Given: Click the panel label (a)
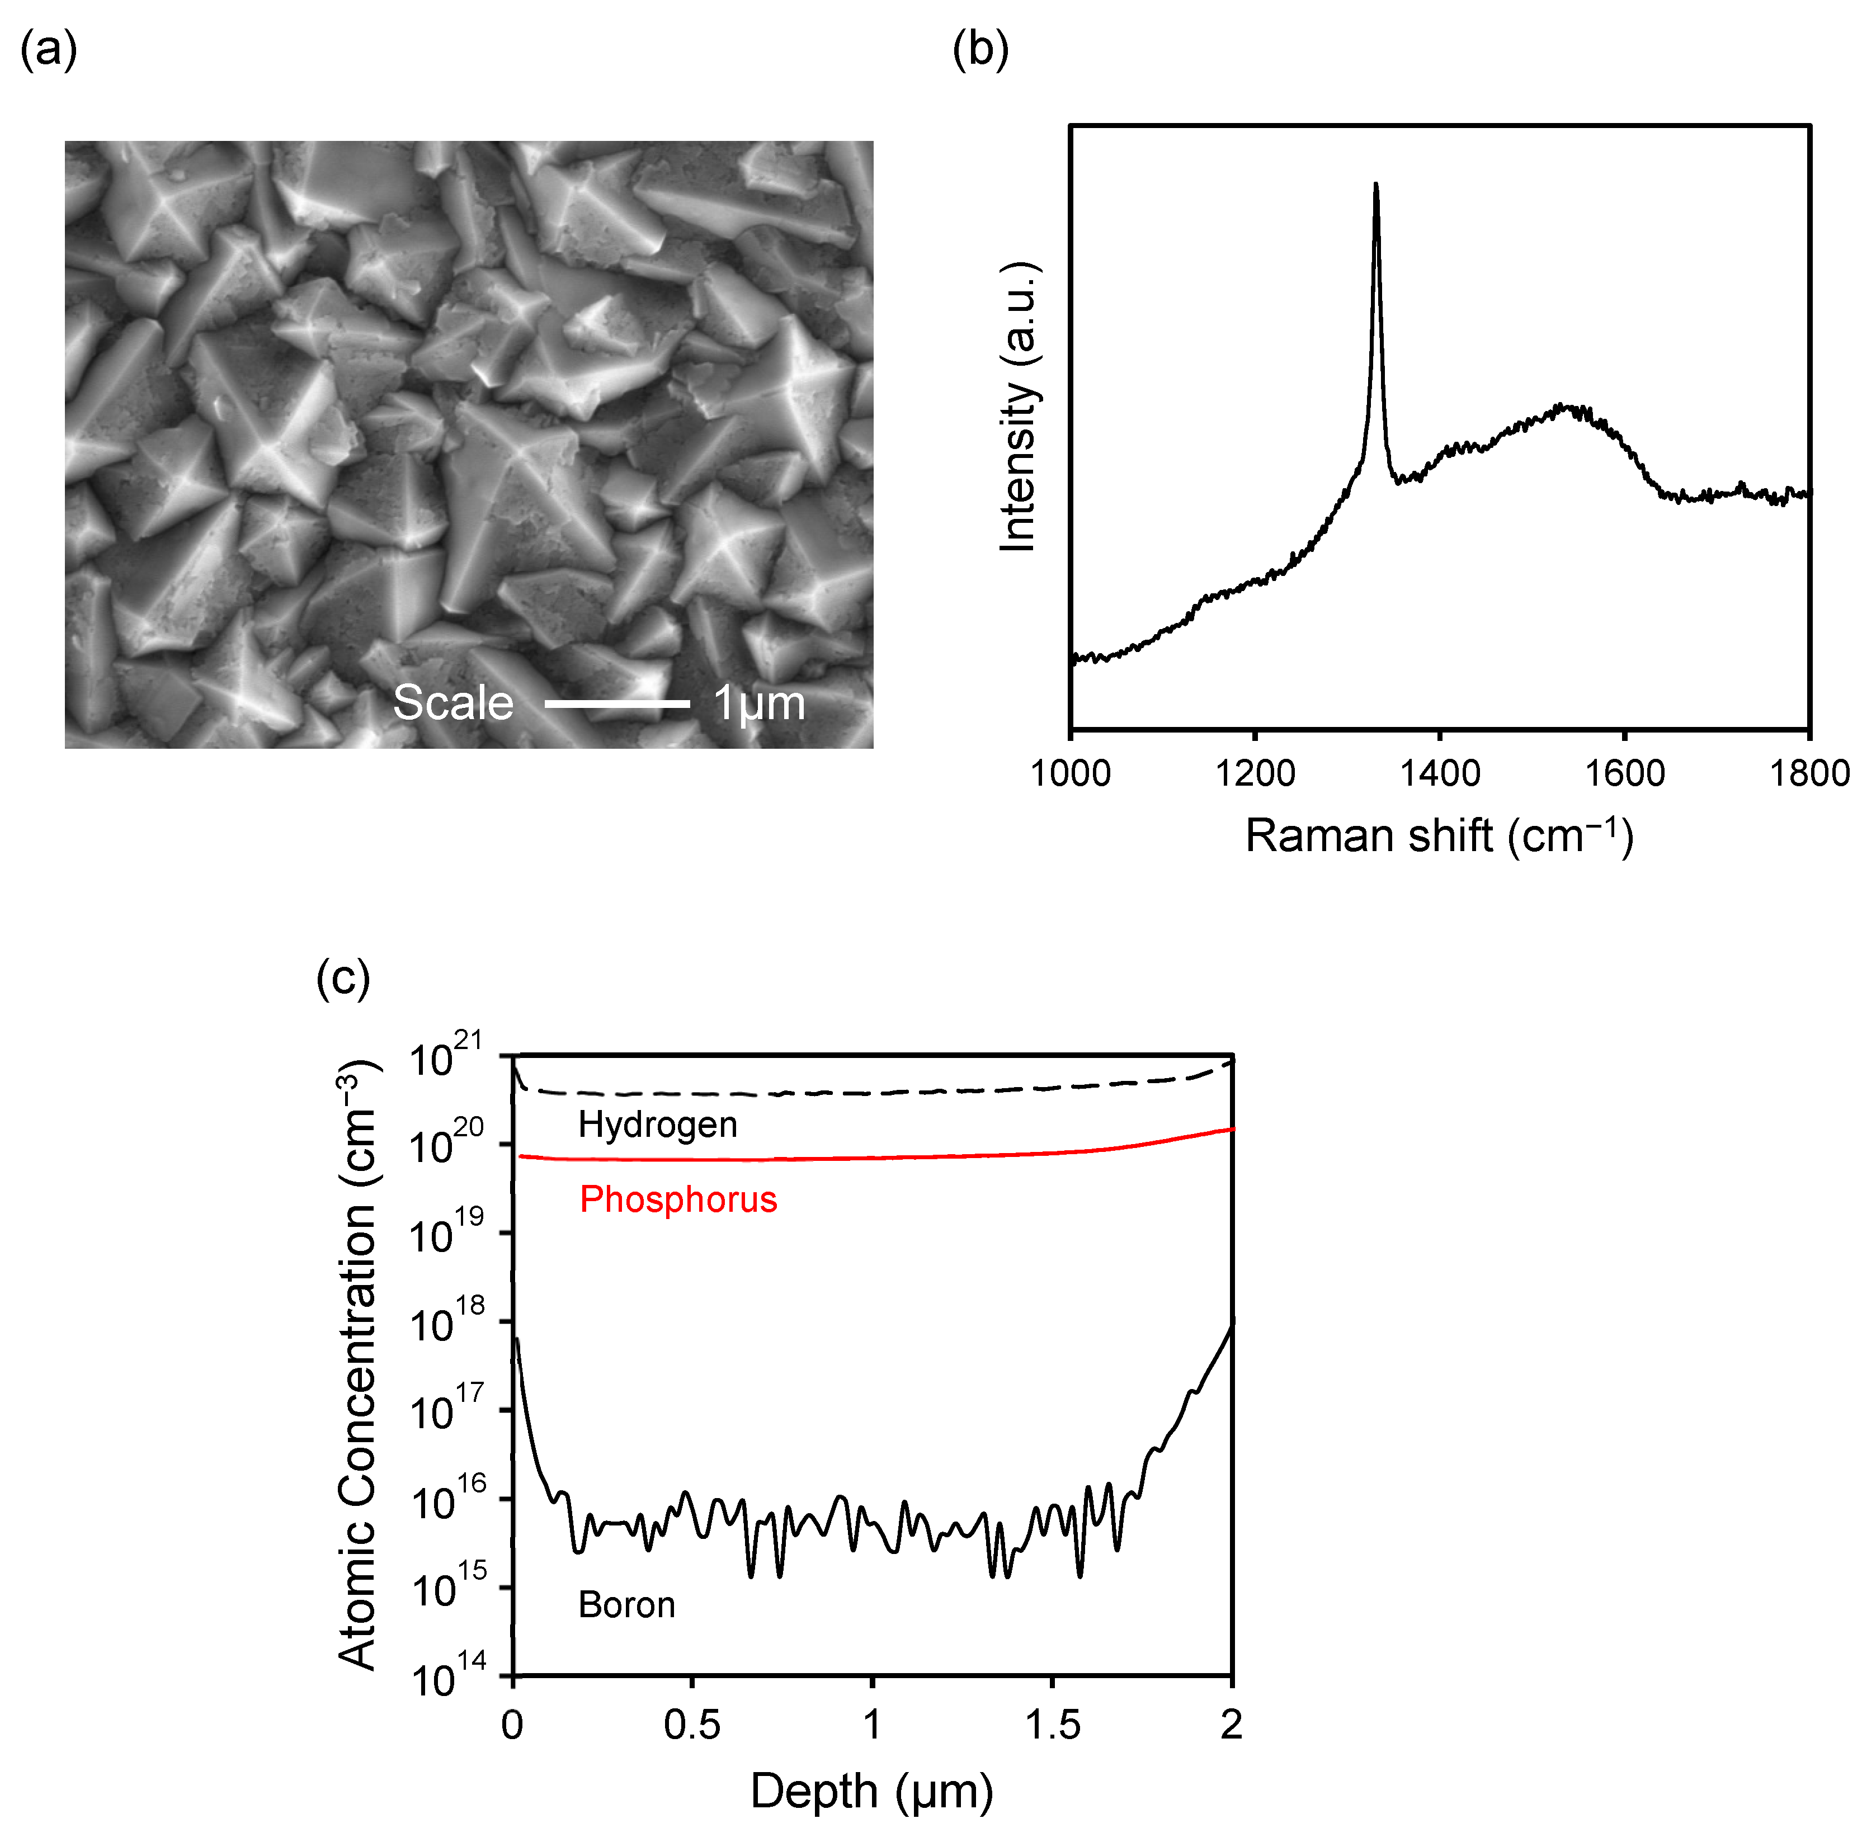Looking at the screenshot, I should pos(48,50).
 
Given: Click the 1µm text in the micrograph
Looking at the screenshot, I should pos(758,703).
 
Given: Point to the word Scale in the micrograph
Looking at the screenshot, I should pos(453,703).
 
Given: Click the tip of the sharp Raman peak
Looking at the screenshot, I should pos(1375,185).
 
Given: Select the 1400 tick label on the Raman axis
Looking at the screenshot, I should pos(1440,773).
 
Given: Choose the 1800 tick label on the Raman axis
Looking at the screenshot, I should pos(1809,773).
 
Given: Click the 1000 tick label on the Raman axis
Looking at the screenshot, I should pos(1071,773).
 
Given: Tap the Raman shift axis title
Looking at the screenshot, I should pos(1439,835).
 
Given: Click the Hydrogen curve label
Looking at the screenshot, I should pos(658,1125).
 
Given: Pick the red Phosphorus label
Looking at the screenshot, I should pos(678,1199).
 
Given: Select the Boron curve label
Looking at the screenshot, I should pos(626,1605).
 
